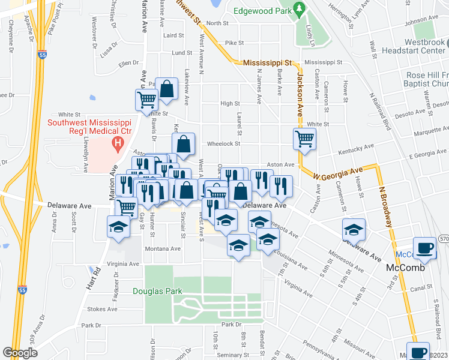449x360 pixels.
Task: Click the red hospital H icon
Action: [x=118, y=144]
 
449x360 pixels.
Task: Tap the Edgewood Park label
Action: [x=262, y=10]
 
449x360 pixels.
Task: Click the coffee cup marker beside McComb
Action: [x=426, y=248]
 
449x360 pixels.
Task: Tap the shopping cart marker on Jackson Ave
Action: [x=304, y=139]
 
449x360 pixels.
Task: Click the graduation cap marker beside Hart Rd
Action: [x=118, y=227]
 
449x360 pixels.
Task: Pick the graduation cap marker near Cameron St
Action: [x=354, y=229]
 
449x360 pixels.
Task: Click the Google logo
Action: [x=20, y=352]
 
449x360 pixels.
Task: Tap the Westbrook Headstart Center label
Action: [x=419, y=47]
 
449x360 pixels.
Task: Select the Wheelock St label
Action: [x=224, y=143]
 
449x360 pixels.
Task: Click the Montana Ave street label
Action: [x=163, y=248]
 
